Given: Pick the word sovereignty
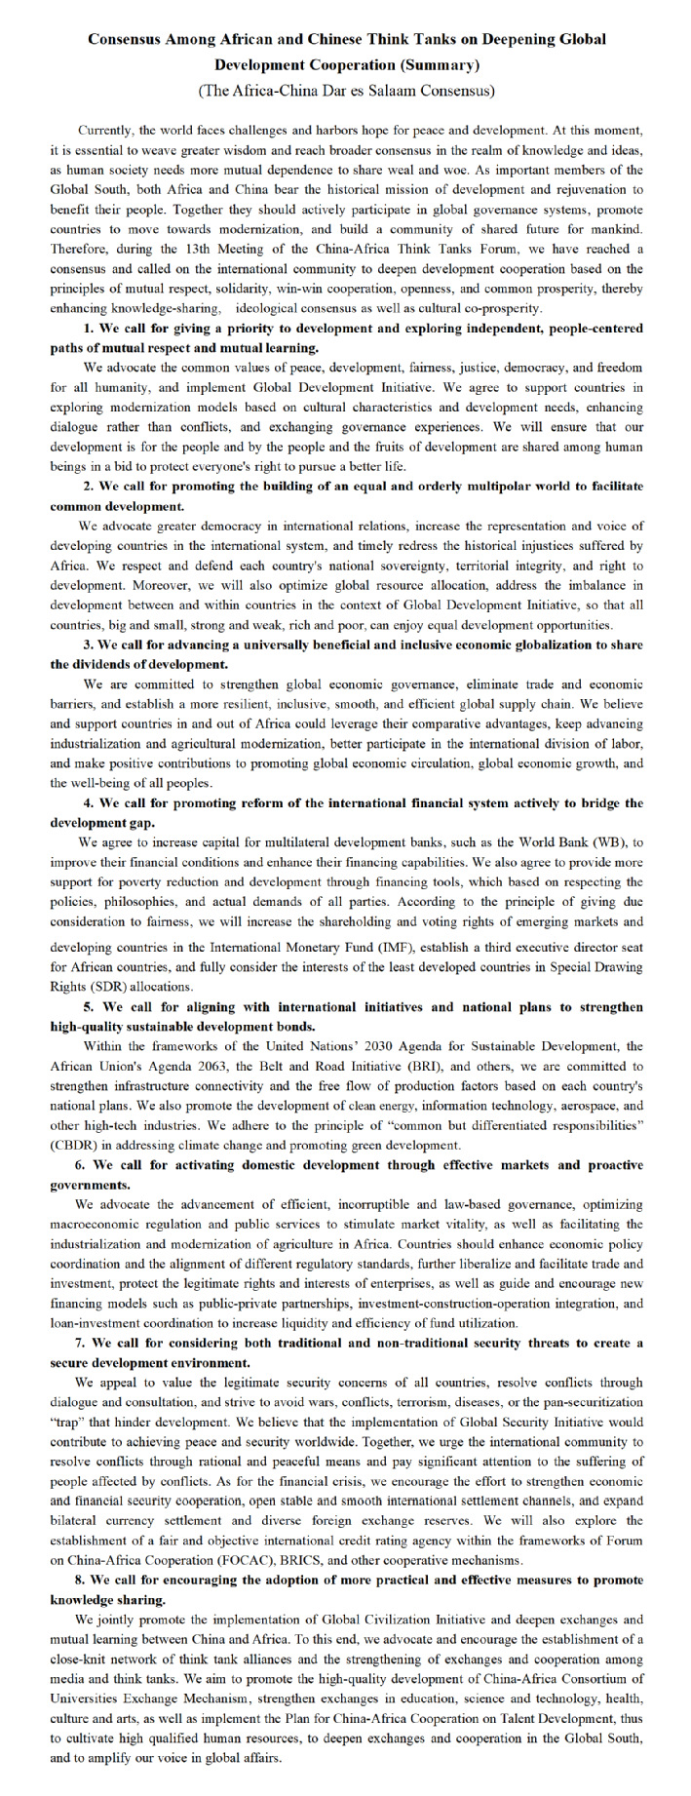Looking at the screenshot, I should point(420,566).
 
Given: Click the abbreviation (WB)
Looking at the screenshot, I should point(610,840).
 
